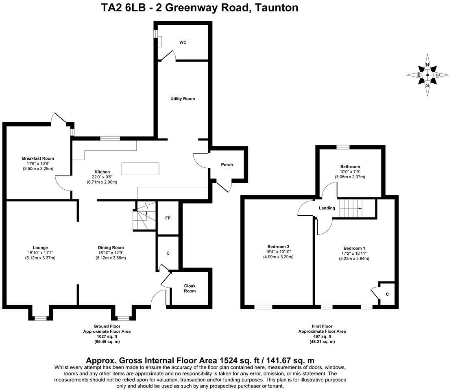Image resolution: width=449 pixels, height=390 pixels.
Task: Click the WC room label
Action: [183, 42]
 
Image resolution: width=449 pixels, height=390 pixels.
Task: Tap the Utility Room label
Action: [183, 99]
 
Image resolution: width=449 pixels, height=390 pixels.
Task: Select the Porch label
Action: [227, 165]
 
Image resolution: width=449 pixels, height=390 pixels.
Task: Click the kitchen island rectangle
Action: [140, 169]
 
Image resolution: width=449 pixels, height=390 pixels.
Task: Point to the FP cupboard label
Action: [168, 218]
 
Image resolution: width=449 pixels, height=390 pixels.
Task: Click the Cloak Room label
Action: [190, 288]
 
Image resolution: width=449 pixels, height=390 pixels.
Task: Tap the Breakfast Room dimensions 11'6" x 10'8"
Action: [38, 164]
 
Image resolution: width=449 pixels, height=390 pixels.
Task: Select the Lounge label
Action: [40, 248]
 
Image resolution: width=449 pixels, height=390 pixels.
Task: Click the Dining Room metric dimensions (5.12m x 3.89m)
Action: [111, 258]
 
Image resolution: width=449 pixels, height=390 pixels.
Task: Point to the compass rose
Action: [427, 75]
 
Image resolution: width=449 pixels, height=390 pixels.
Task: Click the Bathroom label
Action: [350, 167]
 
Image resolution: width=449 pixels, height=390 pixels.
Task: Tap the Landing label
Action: [327, 208]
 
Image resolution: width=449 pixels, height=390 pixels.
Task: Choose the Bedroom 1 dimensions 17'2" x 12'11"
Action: [355, 253]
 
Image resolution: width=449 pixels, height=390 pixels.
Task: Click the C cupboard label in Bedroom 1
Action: [388, 294]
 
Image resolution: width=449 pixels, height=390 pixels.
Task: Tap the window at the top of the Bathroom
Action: [343, 147]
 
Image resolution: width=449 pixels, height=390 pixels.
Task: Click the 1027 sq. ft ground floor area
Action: [107, 336]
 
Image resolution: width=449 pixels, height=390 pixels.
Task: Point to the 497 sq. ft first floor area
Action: [322, 336]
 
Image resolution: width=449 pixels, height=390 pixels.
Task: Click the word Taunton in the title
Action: [276, 7]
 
